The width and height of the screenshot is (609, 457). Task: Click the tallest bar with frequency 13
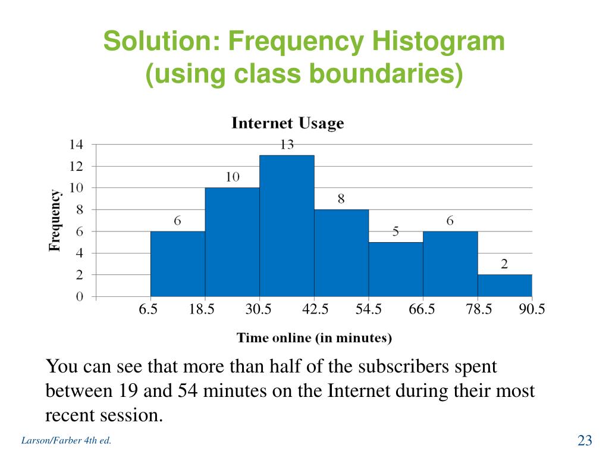tap(287, 226)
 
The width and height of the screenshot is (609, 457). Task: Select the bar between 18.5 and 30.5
tap(232, 242)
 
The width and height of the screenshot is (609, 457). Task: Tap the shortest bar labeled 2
tap(504, 286)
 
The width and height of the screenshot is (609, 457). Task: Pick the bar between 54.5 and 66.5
tap(395, 269)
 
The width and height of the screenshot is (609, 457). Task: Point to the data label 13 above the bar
tap(287, 145)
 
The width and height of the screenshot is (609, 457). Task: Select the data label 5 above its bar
tap(395, 232)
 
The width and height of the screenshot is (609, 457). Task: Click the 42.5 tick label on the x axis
tap(315, 309)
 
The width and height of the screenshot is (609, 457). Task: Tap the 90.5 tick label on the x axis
tap(532, 309)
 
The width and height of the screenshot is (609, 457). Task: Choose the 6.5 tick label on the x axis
tap(148, 309)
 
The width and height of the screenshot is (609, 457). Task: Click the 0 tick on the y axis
tap(80, 297)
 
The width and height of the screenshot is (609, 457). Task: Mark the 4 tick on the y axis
tap(80, 253)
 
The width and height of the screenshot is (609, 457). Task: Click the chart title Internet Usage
tap(287, 123)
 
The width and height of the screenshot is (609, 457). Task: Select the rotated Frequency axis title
tap(55, 220)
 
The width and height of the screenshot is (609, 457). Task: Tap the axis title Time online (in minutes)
tap(314, 338)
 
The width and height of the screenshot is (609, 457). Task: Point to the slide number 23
tap(585, 440)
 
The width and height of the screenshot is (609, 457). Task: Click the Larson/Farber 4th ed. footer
tap(66, 441)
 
